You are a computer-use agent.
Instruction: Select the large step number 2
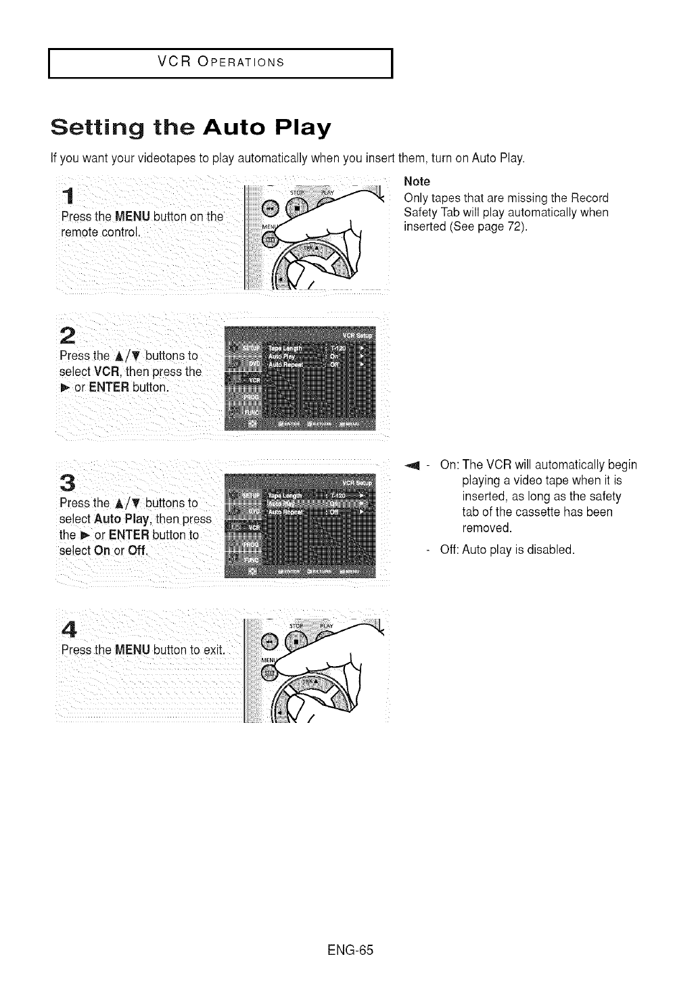click(67, 335)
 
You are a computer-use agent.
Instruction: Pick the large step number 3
click(67, 483)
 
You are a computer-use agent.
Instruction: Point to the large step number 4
click(67, 629)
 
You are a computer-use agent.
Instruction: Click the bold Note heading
click(417, 181)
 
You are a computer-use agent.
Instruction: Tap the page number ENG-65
click(350, 949)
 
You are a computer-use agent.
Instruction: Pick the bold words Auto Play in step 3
click(131, 519)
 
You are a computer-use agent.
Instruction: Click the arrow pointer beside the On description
click(411, 465)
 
